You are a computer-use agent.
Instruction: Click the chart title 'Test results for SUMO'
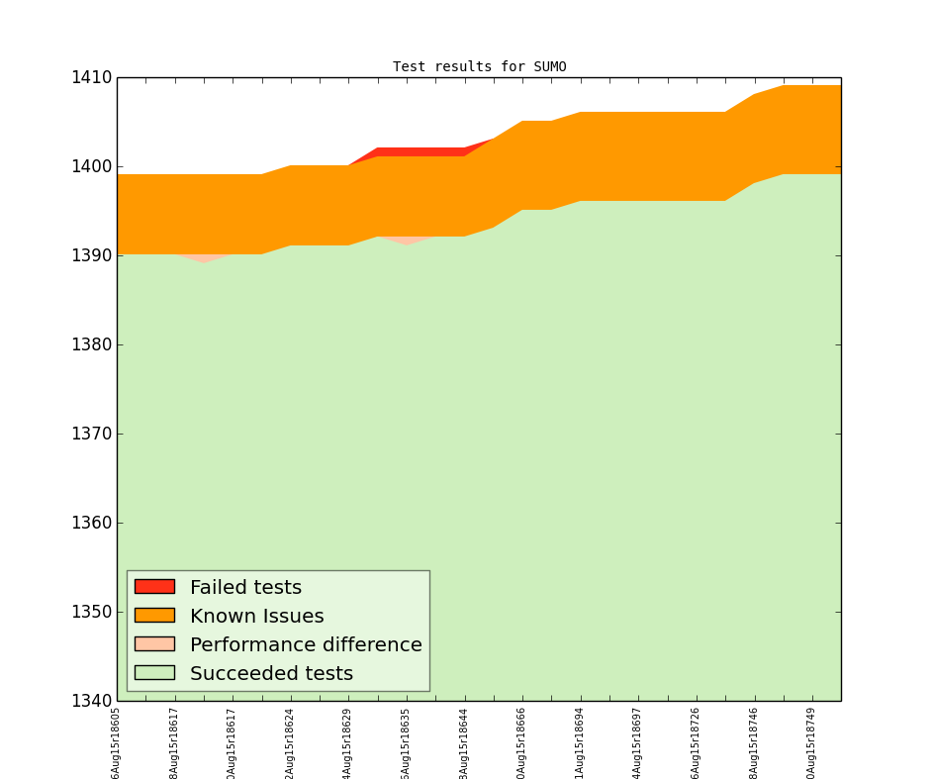click(479, 67)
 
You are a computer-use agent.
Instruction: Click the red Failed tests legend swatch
click(154, 587)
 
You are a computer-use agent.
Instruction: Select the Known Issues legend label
click(256, 617)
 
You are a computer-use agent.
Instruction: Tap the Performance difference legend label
click(306, 645)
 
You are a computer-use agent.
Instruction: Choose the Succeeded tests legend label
click(271, 674)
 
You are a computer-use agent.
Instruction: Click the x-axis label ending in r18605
click(117, 742)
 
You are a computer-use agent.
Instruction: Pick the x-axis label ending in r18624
click(291, 742)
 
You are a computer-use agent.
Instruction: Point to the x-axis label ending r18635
click(407, 742)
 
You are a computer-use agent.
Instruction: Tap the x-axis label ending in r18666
click(522, 742)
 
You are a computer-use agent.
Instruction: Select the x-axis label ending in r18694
click(581, 742)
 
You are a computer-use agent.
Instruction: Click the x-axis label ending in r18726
click(697, 742)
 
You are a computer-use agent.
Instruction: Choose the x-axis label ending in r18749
click(812, 742)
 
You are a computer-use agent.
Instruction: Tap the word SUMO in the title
click(549, 67)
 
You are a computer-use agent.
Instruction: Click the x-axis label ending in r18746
click(755, 742)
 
